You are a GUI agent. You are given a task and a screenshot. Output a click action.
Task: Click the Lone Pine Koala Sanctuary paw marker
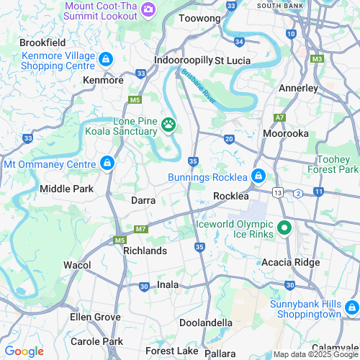(x=168, y=125)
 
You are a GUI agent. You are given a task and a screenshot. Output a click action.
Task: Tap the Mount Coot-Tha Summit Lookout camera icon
(x=148, y=9)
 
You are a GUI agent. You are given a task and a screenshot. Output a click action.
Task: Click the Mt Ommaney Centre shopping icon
(x=107, y=163)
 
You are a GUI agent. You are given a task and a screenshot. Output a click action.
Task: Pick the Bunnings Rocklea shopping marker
(x=258, y=176)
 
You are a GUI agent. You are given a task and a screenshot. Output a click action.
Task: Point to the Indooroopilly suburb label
(x=182, y=60)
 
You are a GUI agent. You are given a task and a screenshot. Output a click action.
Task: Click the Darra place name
(x=144, y=200)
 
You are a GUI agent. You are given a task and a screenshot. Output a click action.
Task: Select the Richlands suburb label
(x=145, y=251)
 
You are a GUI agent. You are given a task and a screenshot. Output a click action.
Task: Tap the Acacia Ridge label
(x=291, y=262)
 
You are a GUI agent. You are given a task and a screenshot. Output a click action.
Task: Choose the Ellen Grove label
(x=95, y=317)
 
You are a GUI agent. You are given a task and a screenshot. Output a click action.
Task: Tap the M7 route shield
(x=140, y=229)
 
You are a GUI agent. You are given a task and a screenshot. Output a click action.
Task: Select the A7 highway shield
(x=279, y=117)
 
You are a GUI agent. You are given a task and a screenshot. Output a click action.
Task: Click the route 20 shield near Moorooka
(x=229, y=138)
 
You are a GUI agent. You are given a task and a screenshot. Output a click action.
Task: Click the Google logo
(x=24, y=351)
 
